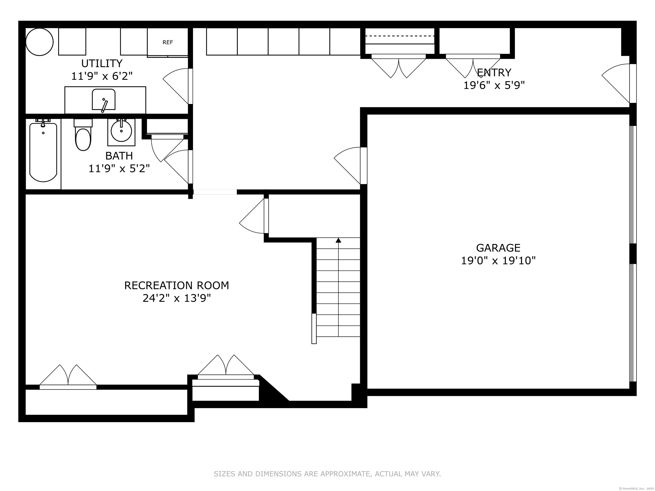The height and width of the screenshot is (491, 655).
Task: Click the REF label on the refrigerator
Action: pos(168,42)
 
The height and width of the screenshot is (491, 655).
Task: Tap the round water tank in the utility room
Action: pos(39,42)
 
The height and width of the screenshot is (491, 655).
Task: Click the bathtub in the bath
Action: pos(43,152)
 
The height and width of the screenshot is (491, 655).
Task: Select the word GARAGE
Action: pos(498,248)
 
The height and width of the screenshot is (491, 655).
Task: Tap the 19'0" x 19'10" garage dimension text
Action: pos(498,261)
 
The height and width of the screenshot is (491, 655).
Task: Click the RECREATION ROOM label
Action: pos(177,285)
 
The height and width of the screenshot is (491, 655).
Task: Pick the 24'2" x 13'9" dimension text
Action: pos(177,298)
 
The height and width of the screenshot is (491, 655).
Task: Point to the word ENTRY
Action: pos(494,72)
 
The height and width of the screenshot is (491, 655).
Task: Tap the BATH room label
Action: pos(119,156)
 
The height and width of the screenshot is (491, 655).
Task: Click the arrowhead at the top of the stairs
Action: pos(338,240)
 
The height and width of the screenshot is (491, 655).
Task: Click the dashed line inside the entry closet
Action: pos(400,36)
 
